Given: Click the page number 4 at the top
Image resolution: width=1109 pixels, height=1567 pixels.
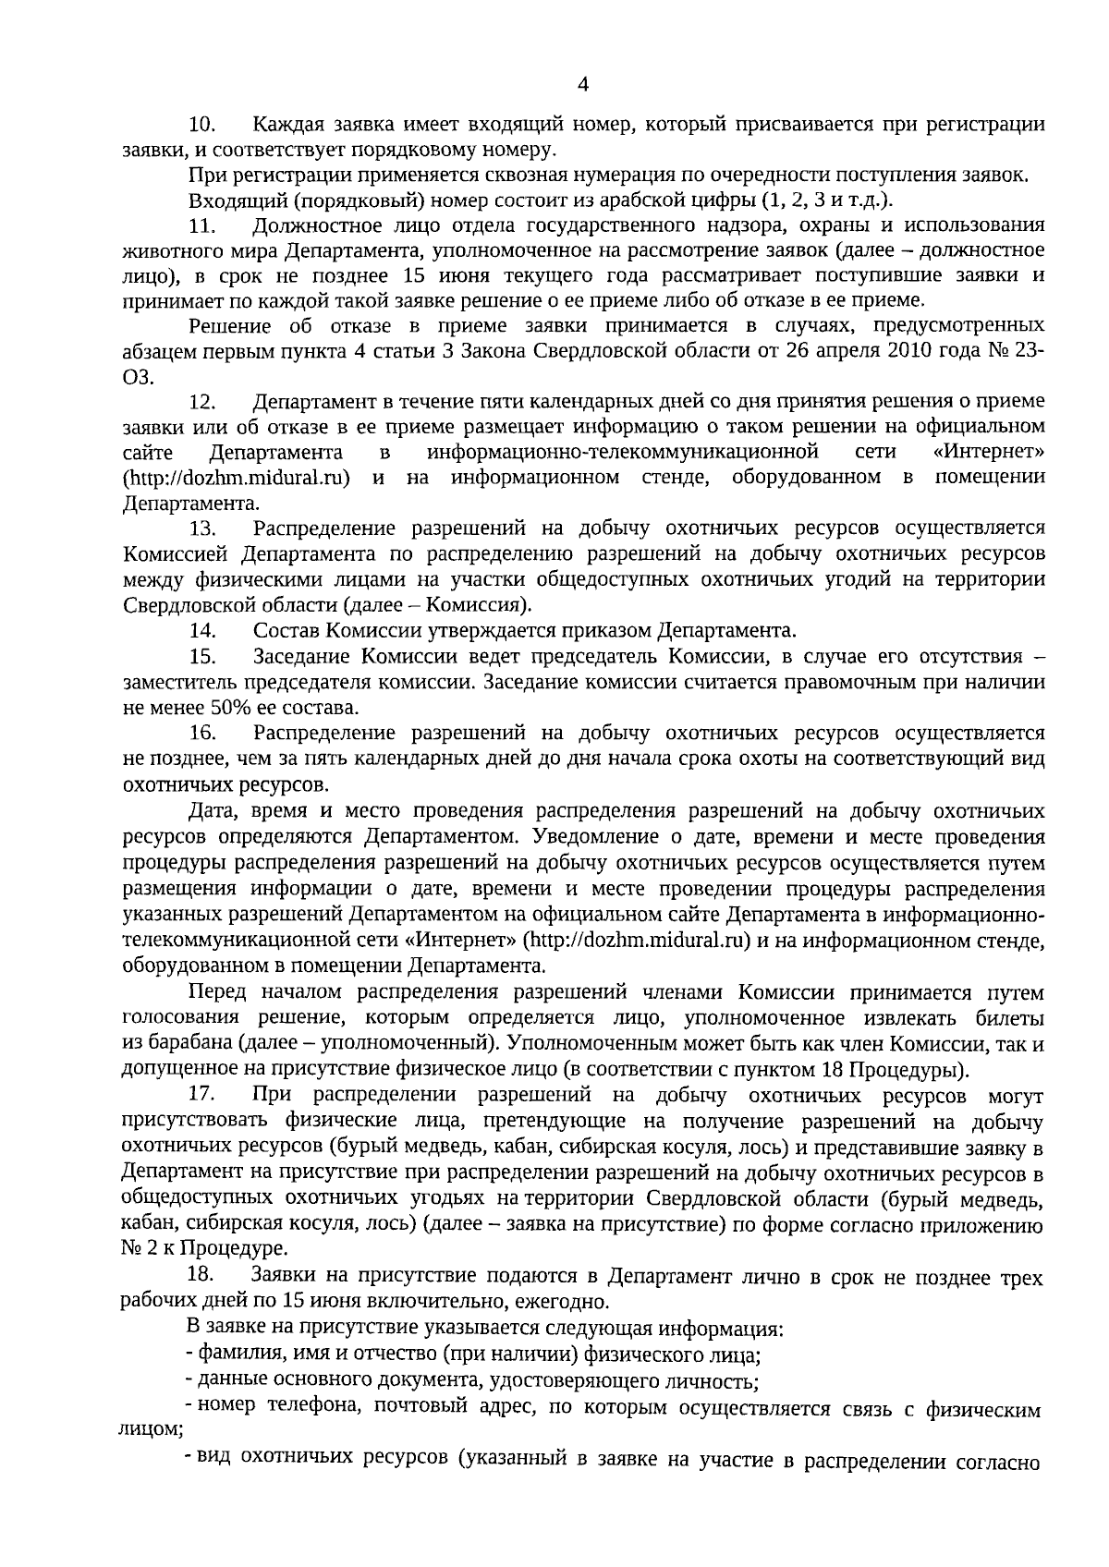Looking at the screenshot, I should point(582,85).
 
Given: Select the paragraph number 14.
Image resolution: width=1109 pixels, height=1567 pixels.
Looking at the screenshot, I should point(202,631).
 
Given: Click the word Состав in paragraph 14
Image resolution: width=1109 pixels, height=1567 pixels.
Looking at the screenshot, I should point(285,631).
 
